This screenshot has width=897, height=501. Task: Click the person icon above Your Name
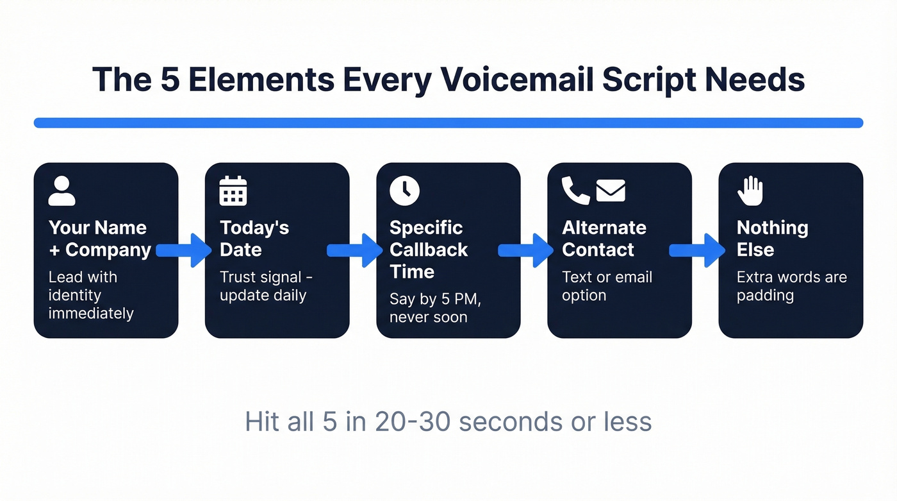62,191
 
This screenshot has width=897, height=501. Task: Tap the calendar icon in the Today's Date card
233,191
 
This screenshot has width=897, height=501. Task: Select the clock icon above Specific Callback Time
404,191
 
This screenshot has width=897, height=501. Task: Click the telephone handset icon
575,191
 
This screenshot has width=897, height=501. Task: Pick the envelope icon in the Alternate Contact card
611,191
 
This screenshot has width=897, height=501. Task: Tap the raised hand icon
750,191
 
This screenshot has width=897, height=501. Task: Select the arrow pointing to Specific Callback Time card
355,250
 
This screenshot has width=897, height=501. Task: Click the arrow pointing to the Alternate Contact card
526,250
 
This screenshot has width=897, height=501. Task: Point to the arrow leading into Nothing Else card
698,250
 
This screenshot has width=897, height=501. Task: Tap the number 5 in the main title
169,80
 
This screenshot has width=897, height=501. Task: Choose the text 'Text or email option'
607,286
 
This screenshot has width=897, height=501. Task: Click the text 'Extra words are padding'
791,286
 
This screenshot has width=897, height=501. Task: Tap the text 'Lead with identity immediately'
91,295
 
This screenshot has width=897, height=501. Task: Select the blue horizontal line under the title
448,123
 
